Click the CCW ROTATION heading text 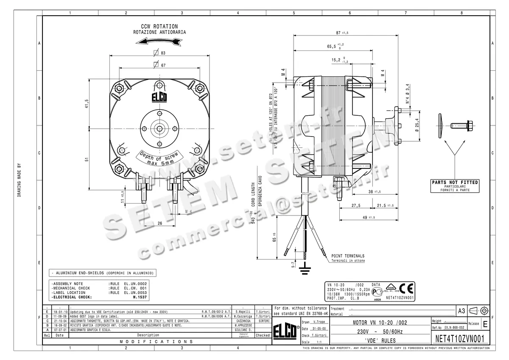(159, 26)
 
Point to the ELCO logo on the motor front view (159, 98)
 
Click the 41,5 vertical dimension (87, 103)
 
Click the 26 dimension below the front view (160, 223)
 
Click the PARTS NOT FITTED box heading (455, 182)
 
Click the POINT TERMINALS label (348, 256)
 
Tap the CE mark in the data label (406, 289)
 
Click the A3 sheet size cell (461, 311)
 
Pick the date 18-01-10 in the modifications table (59, 311)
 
